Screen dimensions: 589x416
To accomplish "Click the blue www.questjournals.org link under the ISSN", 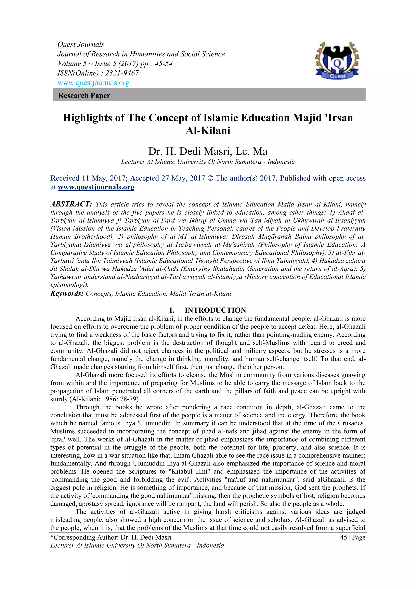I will click(x=93, y=83).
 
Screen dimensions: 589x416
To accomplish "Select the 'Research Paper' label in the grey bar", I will click(x=84, y=95).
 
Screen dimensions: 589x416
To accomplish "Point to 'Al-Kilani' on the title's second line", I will click(x=208, y=131).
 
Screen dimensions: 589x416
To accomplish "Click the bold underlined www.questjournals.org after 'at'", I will click(x=96, y=187).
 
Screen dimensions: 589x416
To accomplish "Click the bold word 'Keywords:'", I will click(x=67, y=293).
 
